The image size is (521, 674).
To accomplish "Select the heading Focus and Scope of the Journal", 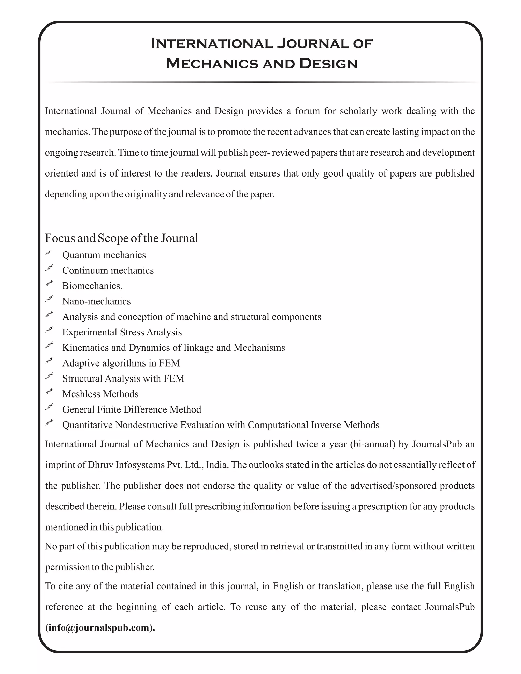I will pyautogui.click(x=121, y=238).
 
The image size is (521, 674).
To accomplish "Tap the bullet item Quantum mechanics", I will pyautogui.click(x=104, y=255).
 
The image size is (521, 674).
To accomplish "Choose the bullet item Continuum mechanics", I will pyautogui.click(x=108, y=270).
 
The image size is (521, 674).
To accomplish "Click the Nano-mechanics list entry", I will pyautogui.click(x=96, y=301).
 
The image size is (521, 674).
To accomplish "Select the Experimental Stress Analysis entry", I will pyautogui.click(x=122, y=332).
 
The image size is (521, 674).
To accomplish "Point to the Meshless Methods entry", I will pyautogui.click(x=100, y=394).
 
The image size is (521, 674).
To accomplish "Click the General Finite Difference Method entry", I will pyautogui.click(x=132, y=409).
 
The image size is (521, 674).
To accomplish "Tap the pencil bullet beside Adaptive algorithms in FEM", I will pyautogui.click(x=49, y=360).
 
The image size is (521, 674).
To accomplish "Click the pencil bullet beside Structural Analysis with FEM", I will pyautogui.click(x=49, y=376).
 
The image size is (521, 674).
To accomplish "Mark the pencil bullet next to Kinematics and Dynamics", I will pyautogui.click(x=49, y=345).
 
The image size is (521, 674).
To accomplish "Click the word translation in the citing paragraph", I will pyautogui.click(x=340, y=586).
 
